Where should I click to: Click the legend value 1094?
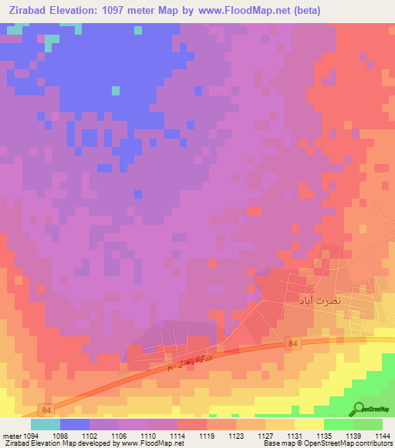click(x=31, y=436)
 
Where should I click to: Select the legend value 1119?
click(x=207, y=436)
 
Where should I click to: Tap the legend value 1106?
click(x=119, y=436)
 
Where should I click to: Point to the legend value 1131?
click(x=295, y=436)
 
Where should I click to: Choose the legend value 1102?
click(x=89, y=436)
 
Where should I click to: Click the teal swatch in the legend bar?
click(x=46, y=424)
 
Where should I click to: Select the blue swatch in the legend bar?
click(x=75, y=424)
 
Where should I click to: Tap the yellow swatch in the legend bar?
click(x=309, y=424)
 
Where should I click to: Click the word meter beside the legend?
click(x=10, y=436)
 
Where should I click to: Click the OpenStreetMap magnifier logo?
click(x=359, y=410)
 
